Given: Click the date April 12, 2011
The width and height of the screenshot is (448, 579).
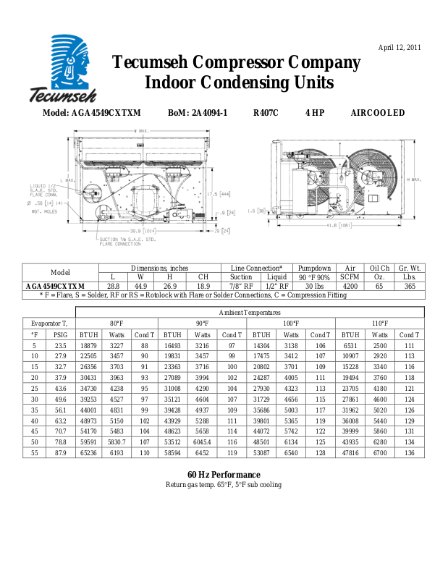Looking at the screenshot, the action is tap(400, 48).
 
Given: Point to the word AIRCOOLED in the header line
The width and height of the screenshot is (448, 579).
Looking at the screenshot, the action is tap(377, 113).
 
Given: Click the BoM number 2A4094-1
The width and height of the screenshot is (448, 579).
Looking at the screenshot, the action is tap(198, 113).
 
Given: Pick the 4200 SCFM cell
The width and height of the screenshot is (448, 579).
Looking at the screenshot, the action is tap(350, 287).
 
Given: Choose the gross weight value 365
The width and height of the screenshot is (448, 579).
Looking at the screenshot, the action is tap(410, 287).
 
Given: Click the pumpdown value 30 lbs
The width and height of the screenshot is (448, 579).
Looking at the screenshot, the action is tap(314, 287).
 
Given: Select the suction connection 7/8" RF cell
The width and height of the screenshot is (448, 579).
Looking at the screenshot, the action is tap(241, 287).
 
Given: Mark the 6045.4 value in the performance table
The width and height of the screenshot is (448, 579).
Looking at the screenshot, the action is tap(202, 441).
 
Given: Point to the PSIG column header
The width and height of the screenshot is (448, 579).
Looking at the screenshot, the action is tap(60, 335).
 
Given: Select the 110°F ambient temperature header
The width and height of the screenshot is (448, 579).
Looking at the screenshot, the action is tap(380, 323).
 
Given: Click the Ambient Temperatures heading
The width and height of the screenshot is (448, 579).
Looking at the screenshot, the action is tap(251, 311).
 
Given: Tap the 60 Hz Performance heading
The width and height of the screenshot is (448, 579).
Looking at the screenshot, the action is tap(224, 474).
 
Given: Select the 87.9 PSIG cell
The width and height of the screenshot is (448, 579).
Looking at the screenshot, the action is tap(60, 452).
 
